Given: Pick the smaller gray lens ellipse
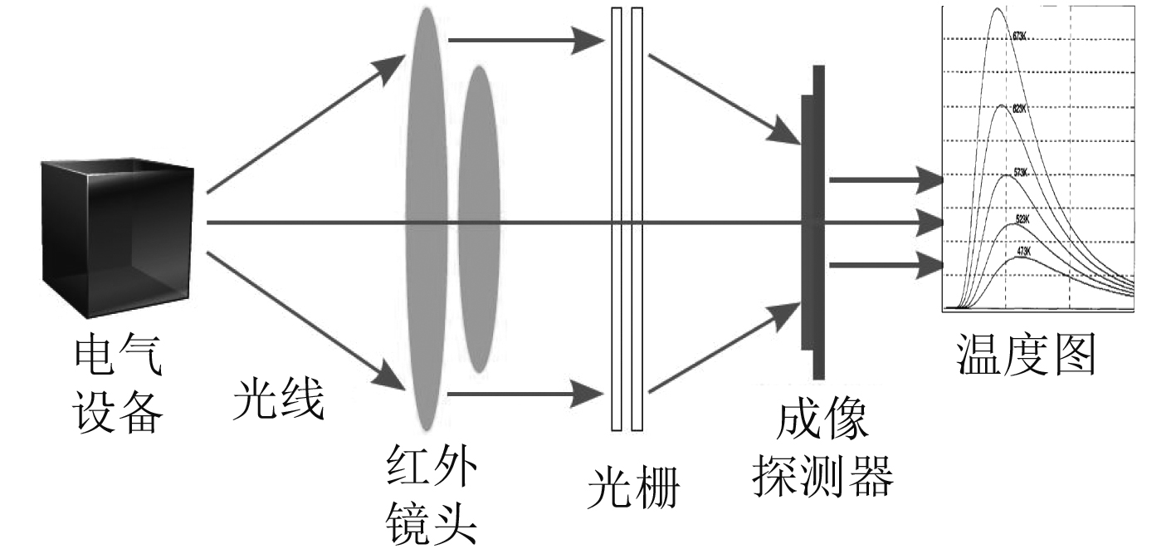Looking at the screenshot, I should (478, 218).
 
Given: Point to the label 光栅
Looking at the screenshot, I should (633, 490).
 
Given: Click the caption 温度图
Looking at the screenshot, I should (1027, 355).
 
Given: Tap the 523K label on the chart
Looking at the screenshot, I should (1022, 219).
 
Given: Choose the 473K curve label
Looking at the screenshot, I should (1022, 250).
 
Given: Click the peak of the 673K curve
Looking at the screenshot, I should (998, 9).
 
